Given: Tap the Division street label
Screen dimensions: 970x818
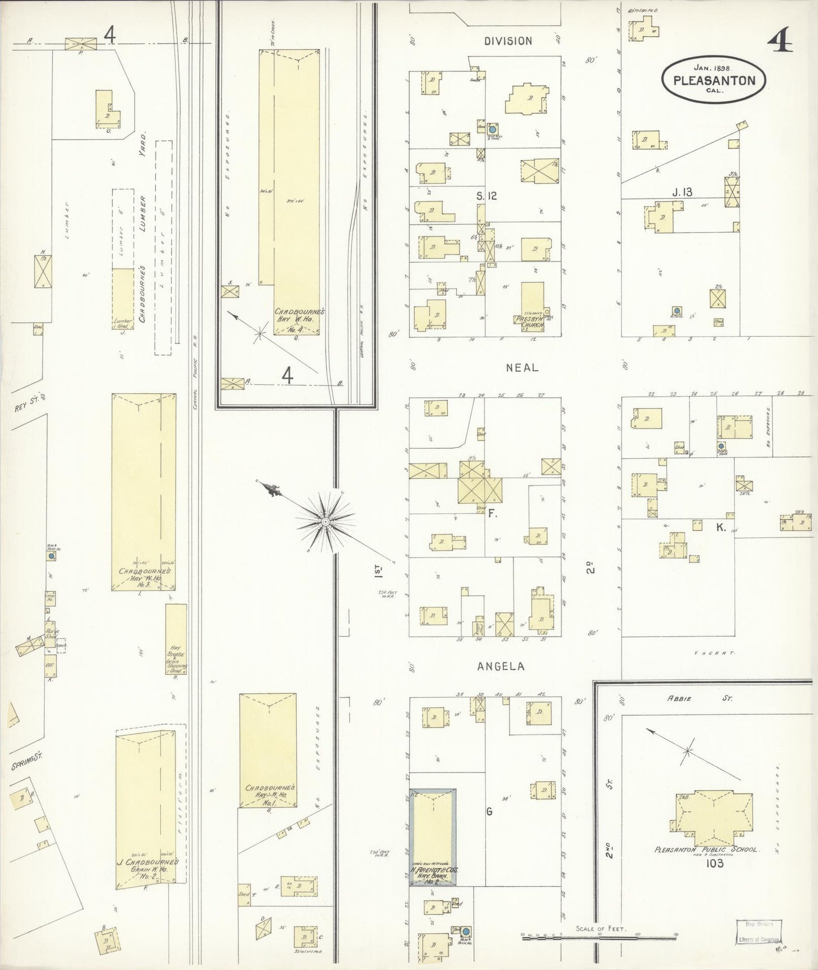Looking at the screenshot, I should click(x=508, y=41).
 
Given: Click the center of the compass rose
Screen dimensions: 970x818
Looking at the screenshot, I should click(x=326, y=520).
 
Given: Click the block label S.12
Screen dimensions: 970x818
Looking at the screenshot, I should click(x=486, y=196).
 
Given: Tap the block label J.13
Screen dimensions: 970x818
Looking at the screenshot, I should click(x=682, y=192).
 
